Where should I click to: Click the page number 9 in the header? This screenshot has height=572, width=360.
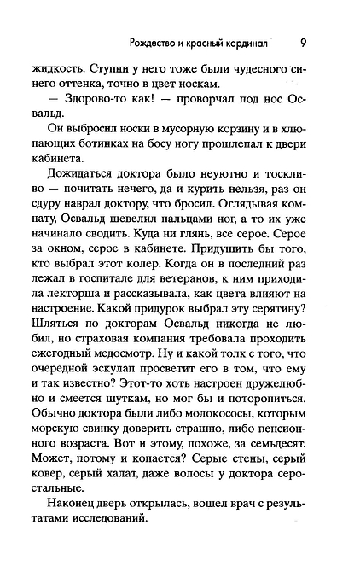pos(305,44)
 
